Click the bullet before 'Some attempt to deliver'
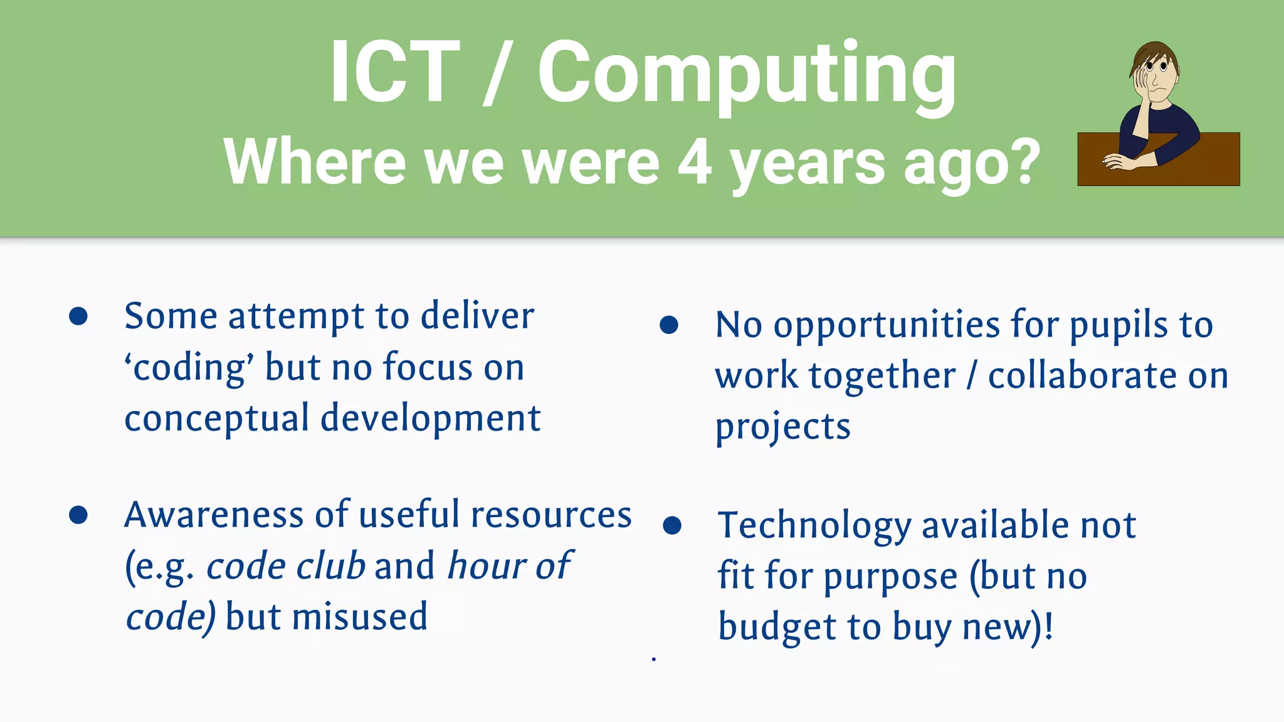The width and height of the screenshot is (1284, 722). coord(78,317)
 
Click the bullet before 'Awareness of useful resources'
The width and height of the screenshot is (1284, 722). coord(78,515)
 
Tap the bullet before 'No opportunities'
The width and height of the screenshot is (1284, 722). coord(669,325)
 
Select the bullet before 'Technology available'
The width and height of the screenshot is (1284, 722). coord(671,525)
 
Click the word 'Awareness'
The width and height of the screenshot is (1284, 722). coord(214,515)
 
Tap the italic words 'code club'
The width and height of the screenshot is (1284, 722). coord(285,566)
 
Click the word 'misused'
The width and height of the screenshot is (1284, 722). coord(360,617)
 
